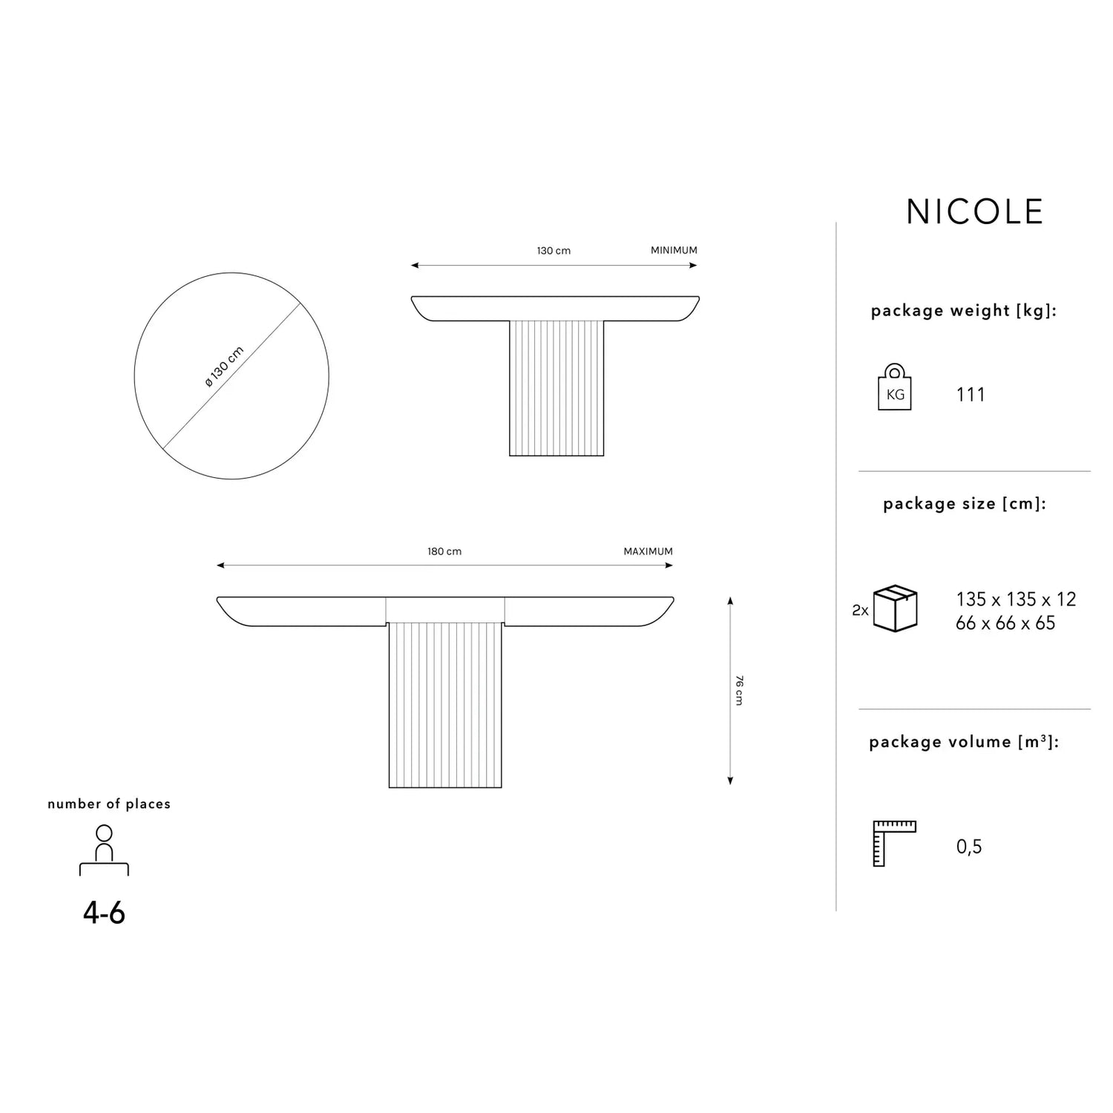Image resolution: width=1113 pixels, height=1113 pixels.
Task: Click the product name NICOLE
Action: pos(974,211)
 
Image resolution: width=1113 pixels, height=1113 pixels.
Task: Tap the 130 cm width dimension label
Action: pos(554,251)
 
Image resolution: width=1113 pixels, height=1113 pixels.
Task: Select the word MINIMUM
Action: pos(674,251)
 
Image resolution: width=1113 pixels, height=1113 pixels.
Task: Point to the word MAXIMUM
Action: pos(648,551)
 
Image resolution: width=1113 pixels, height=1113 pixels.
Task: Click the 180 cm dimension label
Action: pos(444,551)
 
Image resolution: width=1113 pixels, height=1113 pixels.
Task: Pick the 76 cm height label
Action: pos(738,690)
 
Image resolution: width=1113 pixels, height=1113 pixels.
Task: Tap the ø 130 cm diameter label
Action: pos(224,367)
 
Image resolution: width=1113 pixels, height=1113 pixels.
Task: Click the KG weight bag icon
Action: pos(895,387)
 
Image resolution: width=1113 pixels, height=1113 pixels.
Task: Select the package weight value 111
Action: pos(971,394)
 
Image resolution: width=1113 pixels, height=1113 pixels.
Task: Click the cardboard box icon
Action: pos(896,608)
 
